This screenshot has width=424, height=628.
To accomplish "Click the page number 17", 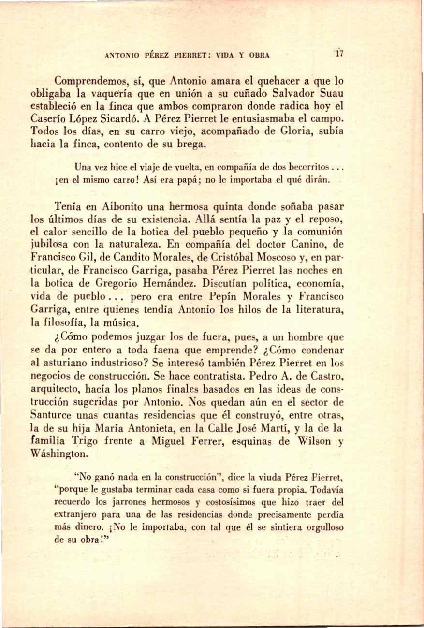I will click(x=340, y=55).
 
